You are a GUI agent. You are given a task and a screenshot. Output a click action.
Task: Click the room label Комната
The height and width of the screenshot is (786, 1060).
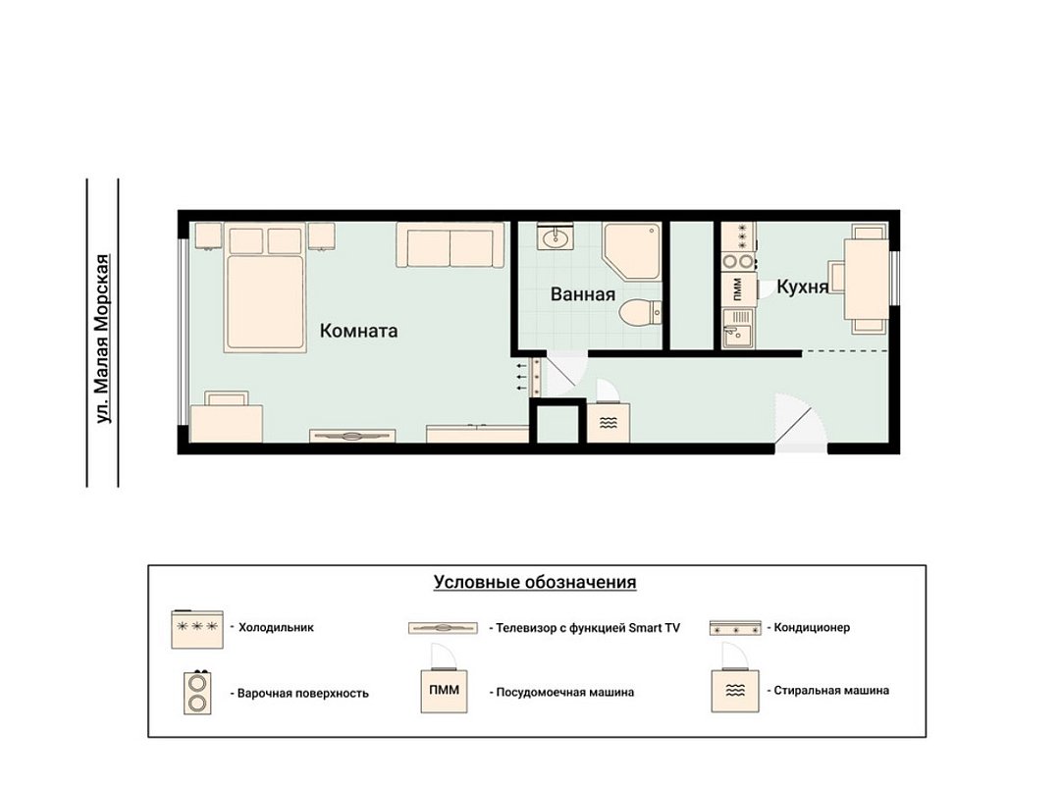point(358,331)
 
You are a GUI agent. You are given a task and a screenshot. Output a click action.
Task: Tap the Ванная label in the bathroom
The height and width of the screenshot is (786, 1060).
point(583,294)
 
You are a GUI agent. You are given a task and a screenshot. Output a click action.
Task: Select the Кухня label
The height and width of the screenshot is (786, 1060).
point(802,287)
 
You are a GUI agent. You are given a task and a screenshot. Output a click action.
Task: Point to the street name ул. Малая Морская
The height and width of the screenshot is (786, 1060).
point(102,339)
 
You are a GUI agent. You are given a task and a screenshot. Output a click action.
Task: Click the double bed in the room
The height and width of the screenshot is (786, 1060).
point(265,289)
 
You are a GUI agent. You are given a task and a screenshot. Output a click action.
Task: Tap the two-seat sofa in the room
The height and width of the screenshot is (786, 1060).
point(450,245)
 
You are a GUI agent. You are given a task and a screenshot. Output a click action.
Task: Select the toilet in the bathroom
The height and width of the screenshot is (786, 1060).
point(641,313)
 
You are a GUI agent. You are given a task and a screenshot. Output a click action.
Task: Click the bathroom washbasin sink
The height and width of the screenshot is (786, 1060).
point(556,236)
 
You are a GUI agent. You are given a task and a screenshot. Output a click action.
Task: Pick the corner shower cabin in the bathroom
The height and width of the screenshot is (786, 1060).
point(632,251)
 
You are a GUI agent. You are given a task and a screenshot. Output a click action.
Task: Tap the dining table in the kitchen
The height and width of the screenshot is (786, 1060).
point(866,280)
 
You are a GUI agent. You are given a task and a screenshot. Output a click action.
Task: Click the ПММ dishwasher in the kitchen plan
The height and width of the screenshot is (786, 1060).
point(738,289)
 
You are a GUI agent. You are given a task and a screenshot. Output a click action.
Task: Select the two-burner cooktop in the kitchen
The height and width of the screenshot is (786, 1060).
point(738,261)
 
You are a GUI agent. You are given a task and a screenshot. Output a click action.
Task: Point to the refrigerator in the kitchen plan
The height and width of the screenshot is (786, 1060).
point(738,236)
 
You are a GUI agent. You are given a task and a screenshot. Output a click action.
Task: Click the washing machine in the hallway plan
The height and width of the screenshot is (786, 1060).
point(608,423)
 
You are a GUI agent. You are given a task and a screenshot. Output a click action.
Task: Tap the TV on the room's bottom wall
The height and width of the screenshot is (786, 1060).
point(352,437)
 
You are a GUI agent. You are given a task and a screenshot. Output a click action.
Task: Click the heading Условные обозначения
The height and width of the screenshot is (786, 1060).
point(535,583)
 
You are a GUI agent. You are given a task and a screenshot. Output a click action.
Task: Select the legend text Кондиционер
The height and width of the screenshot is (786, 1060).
point(812,627)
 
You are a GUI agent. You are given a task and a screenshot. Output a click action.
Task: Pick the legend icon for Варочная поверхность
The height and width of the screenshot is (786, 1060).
point(197,693)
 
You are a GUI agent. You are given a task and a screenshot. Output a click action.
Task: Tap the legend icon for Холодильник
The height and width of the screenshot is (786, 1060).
point(196,630)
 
